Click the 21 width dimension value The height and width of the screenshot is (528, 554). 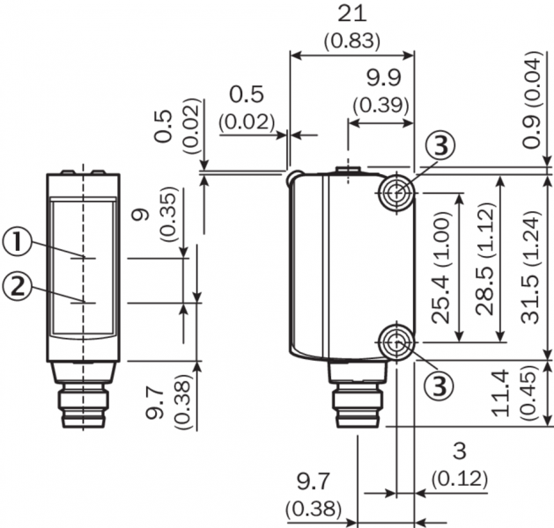(x=352, y=15)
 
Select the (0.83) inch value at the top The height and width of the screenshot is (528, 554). (x=352, y=41)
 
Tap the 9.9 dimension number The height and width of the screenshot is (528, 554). (x=384, y=78)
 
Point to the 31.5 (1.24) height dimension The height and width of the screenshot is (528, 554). (x=532, y=268)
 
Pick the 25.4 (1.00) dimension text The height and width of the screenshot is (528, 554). (x=441, y=268)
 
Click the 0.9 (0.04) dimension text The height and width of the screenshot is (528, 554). (x=532, y=100)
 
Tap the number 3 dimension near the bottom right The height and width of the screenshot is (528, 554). (x=459, y=451)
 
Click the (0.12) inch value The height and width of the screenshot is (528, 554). (x=459, y=479)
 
